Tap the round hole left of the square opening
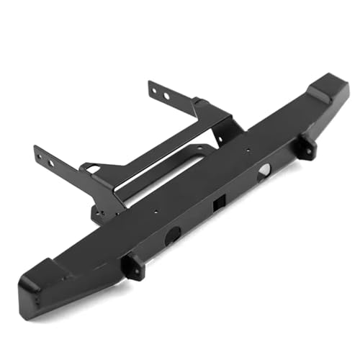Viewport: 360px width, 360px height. pos(173,235)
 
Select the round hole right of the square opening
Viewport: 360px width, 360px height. pos(264,170)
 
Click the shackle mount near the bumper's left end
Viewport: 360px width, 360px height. pos(133,266)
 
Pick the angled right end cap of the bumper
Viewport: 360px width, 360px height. pos(328,89)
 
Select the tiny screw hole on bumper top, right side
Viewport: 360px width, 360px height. pos(248,151)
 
